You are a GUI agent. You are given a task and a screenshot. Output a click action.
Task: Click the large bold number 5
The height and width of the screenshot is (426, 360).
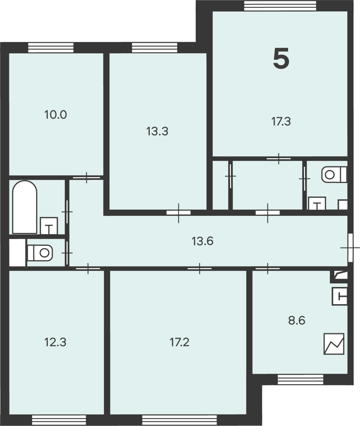pyautogui.click(x=281, y=59)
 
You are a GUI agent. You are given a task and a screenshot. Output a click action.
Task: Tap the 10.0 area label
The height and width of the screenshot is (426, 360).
pyautogui.click(x=56, y=114)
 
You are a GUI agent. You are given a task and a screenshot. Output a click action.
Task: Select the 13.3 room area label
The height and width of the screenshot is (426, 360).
pyautogui.click(x=157, y=131)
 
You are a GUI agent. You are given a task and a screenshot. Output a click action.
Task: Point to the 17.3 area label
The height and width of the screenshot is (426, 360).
pyautogui.click(x=281, y=121)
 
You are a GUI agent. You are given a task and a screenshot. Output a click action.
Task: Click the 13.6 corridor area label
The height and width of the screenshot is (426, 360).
pyautogui.click(x=202, y=241)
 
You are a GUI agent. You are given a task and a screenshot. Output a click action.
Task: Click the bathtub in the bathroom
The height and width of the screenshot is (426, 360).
pyautogui.click(x=25, y=207)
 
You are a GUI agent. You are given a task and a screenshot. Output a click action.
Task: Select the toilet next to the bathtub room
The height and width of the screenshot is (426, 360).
pyautogui.click(x=40, y=253)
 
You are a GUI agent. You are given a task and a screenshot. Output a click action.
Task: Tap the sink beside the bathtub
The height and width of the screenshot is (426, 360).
pyautogui.click(x=49, y=226)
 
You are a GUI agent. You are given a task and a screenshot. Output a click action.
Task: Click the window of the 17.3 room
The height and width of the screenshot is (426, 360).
pyautogui.click(x=280, y=6)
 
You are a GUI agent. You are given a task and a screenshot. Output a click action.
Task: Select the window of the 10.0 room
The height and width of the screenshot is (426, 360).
pyautogui.click(x=51, y=48)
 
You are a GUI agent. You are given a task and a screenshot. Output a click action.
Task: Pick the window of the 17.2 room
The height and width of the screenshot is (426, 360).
pyautogui.click(x=179, y=420)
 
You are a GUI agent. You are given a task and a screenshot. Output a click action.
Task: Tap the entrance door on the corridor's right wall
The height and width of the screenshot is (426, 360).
pyautogui.click(x=350, y=248)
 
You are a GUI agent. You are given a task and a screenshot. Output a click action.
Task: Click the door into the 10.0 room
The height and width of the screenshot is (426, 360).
pyautogui.click(x=87, y=177)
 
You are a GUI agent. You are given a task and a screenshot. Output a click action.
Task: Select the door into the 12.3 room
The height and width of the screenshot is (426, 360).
pyautogui.click(x=88, y=269)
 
